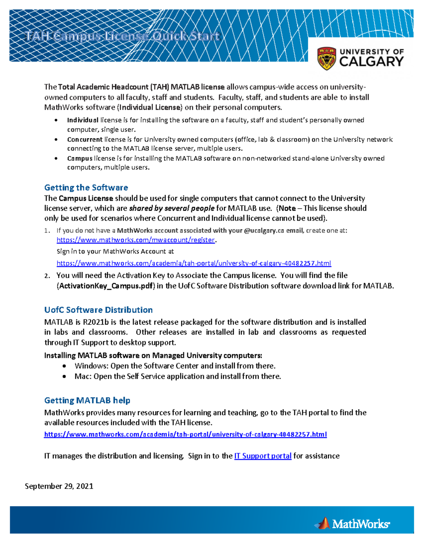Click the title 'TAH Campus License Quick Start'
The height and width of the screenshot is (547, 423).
coord(122,36)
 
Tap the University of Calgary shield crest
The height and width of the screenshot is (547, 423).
coord(326,58)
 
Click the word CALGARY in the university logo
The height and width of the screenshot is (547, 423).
coord(371,62)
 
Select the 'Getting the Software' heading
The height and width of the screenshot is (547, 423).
coord(86,187)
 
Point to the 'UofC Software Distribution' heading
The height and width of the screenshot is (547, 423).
coord(98,310)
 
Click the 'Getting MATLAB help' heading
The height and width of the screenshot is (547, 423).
coord(87,400)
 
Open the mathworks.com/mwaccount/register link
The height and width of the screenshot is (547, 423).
coord(136,240)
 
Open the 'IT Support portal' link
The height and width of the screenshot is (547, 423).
coord(263,456)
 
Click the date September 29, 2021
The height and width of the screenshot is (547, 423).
coord(59,486)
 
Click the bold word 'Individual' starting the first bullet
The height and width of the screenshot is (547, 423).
coord(82,120)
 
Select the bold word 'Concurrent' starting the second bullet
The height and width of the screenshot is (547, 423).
coord(85,139)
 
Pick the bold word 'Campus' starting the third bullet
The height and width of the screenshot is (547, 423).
coord(80,158)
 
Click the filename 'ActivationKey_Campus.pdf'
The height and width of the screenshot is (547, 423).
coord(106,286)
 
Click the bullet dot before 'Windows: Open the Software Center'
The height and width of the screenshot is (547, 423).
coord(64,366)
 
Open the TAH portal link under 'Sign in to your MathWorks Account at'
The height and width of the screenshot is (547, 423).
coord(194,263)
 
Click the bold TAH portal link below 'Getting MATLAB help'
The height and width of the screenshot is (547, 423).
coord(185,434)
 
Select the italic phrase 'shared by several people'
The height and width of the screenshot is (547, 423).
coord(172,208)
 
